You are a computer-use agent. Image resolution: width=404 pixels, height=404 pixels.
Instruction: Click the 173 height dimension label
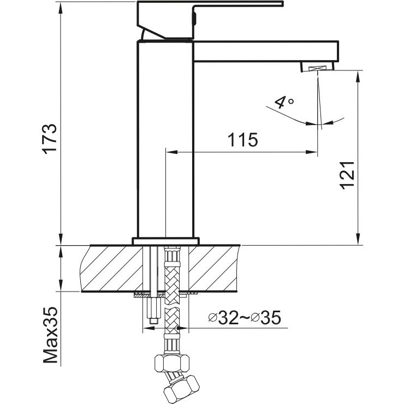pyautogui.click(x=50, y=139)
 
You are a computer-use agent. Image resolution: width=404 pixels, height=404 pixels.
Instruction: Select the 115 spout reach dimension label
pyautogui.click(x=243, y=140)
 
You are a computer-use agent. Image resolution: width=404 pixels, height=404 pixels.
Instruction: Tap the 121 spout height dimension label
pyautogui.click(x=347, y=175)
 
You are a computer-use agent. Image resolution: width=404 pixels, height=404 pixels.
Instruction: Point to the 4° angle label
pyautogui.click(x=284, y=102)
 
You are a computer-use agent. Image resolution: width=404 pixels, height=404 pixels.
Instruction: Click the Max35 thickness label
pyautogui.click(x=50, y=335)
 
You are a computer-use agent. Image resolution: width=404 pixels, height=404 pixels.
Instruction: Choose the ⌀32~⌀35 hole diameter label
pyautogui.click(x=245, y=317)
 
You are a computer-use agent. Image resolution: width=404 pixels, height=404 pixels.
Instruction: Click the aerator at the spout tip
pyautogui.click(x=318, y=67)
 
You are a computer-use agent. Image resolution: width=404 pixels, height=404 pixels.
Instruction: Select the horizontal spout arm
pyautogui.click(x=266, y=51)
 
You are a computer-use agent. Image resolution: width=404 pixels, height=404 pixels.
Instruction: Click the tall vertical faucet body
pyautogui.click(x=165, y=139)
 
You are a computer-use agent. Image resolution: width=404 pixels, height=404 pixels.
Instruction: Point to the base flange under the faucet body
pyautogui.click(x=165, y=241)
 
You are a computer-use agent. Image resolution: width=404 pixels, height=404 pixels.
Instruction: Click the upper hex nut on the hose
pyautogui.click(x=172, y=363)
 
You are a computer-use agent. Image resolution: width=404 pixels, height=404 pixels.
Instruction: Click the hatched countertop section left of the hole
pyautogui.click(x=112, y=268)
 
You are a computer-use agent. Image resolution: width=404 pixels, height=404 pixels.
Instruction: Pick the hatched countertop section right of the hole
pyautogui.click(x=213, y=268)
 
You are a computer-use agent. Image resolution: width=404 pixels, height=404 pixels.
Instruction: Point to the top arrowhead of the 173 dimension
pyautogui.click(x=61, y=8)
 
